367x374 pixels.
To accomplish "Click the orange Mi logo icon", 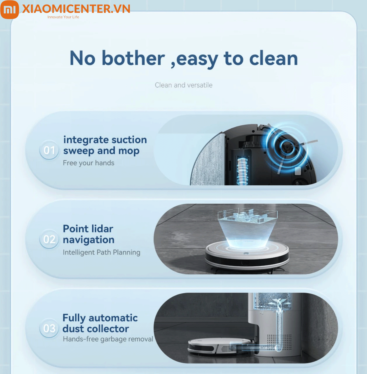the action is pyautogui.click(x=10, y=10).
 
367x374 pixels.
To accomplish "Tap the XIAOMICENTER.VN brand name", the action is pyautogui.click(x=76, y=9).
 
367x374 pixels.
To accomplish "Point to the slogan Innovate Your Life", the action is pyautogui.click(x=63, y=17).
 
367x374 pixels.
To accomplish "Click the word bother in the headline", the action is pyautogui.click(x=133, y=58).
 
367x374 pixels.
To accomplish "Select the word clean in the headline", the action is pyautogui.click(x=274, y=58).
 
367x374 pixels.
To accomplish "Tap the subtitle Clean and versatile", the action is pyautogui.click(x=183, y=85).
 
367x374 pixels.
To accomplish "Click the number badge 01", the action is pyautogui.click(x=49, y=150).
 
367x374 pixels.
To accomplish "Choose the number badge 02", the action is pyautogui.click(x=49, y=239).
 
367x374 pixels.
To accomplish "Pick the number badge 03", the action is pyautogui.click(x=49, y=328).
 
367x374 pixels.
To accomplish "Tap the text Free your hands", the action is pyautogui.click(x=89, y=163).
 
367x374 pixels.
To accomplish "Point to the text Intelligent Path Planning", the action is pyautogui.click(x=101, y=252).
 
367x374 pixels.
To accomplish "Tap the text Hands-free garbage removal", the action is pyautogui.click(x=108, y=339).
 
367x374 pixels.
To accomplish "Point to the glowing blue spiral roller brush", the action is pyautogui.click(x=242, y=171).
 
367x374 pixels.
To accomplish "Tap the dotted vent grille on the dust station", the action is pyautogui.click(x=279, y=342).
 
